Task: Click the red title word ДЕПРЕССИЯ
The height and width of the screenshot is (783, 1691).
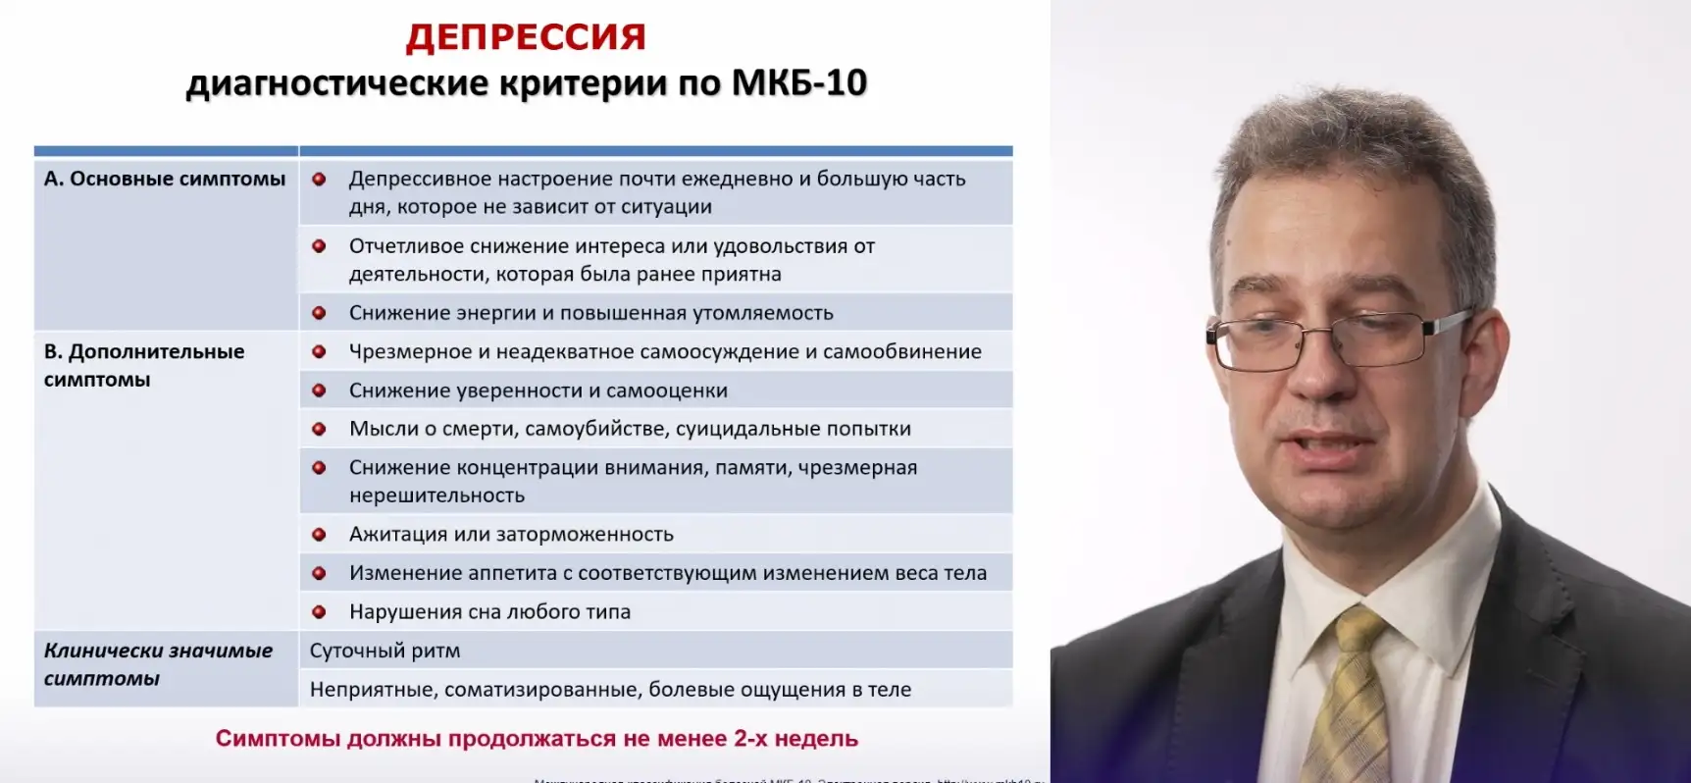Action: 526,37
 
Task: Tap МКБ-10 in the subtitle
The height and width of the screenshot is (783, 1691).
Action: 799,83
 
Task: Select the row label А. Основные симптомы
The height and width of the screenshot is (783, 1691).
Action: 165,179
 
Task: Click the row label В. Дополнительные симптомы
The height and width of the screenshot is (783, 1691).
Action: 144,365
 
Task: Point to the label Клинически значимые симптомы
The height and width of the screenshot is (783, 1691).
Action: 158,664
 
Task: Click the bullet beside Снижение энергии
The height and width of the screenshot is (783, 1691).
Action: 319,313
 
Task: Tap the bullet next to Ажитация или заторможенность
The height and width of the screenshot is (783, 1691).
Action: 319,535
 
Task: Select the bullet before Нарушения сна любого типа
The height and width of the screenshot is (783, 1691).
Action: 319,612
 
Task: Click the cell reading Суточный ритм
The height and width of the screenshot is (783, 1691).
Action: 384,651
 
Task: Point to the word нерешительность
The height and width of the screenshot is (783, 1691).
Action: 436,496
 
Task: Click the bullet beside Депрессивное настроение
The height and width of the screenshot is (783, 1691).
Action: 319,180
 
